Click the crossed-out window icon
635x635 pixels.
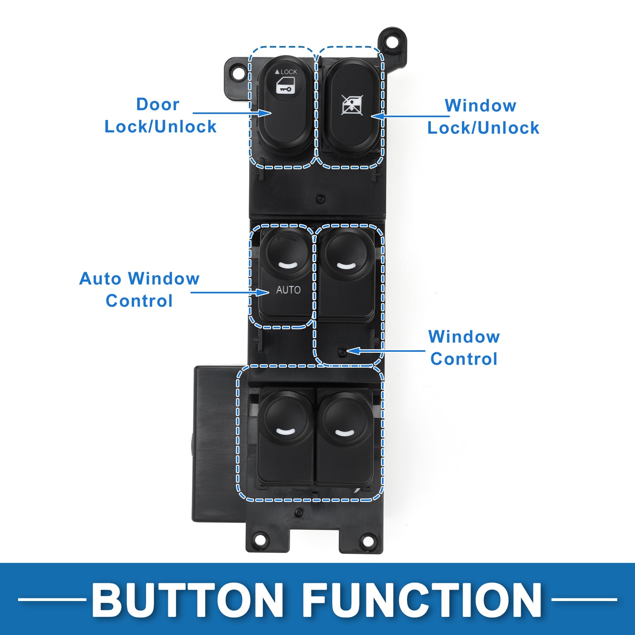[352, 105]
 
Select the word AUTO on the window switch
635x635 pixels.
[288, 290]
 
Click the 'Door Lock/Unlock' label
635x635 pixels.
[161, 116]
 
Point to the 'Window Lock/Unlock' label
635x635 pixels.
[483, 117]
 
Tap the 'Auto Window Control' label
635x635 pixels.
[139, 290]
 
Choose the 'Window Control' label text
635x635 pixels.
[464, 347]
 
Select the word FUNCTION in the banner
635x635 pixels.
[422, 600]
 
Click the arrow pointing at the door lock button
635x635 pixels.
[232, 113]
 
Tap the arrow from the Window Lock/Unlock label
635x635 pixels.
[411, 116]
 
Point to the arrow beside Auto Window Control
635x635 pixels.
[230, 292]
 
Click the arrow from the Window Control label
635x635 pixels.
[385, 351]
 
